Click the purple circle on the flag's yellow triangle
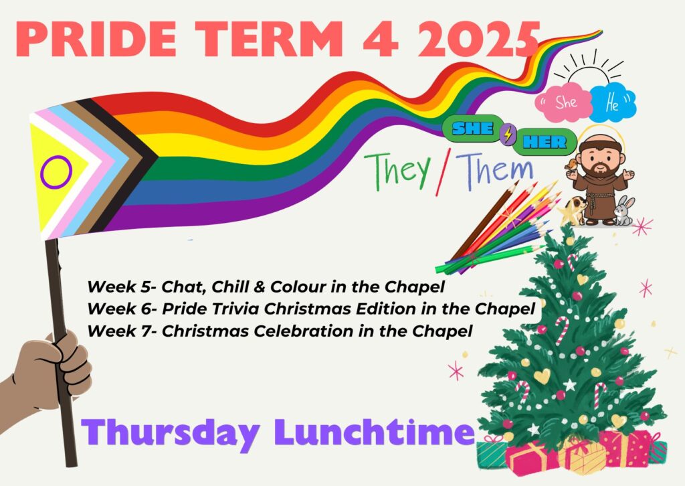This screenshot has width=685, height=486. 56,172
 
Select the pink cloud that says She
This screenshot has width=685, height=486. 564,102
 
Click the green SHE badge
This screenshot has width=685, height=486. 472,129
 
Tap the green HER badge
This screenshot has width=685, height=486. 545,142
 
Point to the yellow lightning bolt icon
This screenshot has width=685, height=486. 508,135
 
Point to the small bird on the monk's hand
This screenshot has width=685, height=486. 570,165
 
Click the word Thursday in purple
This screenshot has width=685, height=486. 171,432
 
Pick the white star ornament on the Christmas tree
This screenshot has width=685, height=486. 570,385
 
